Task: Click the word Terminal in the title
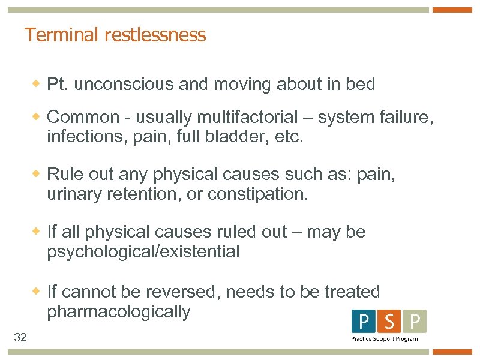tap(62, 35)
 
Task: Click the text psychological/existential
tap(143, 252)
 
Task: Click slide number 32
tap(20, 338)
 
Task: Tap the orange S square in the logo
tap(389, 322)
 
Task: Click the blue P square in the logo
tap(364, 322)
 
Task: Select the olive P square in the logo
tap(415, 322)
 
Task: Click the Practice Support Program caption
tap(384, 339)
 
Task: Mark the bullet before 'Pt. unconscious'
tap(37, 85)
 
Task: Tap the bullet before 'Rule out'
tap(37, 175)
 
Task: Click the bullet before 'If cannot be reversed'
tap(37, 292)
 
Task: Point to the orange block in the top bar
tap(452, 10)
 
